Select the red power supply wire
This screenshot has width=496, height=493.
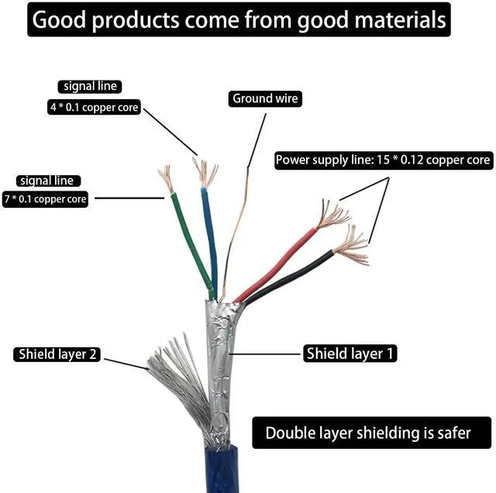(276, 265)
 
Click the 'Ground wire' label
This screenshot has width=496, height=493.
(265, 98)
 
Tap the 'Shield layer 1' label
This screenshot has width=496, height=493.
(350, 353)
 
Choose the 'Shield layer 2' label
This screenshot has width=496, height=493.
(57, 354)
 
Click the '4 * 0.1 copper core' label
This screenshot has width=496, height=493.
(94, 107)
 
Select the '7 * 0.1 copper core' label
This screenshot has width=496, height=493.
(45, 199)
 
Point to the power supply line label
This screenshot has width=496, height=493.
(384, 160)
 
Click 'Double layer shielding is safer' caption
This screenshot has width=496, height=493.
(371, 433)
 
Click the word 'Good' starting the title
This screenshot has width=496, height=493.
(59, 20)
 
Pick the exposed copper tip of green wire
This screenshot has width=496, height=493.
(166, 178)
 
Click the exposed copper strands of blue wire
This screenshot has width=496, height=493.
(205, 172)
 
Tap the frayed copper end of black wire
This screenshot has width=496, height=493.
(351, 245)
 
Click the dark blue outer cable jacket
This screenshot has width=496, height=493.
(222, 469)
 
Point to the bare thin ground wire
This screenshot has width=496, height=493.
(235, 234)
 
